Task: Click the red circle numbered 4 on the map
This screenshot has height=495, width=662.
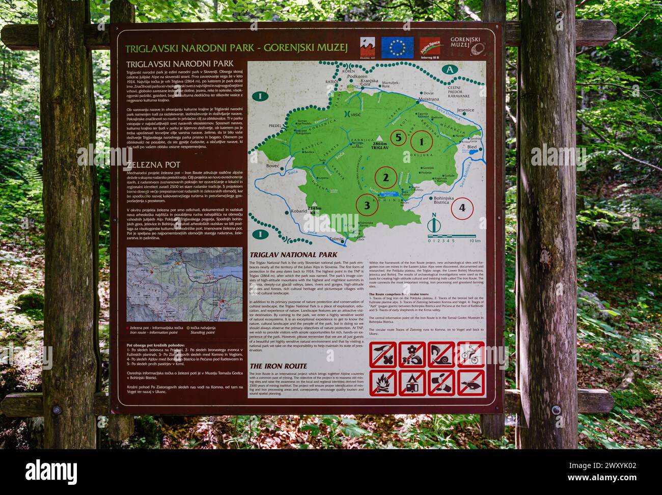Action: coord(462,208)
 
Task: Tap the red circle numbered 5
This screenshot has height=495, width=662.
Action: coord(399,137)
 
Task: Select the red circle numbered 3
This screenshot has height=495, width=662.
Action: coord(367,206)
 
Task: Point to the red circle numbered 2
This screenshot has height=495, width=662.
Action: coord(385,178)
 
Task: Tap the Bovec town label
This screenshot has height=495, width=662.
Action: coord(273,166)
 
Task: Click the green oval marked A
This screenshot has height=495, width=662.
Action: coord(450,70)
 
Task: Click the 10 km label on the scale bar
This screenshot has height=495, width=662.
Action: coord(475,240)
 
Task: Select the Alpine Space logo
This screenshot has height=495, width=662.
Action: coord(431,47)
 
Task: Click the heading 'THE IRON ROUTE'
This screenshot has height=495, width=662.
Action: coord(278,366)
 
